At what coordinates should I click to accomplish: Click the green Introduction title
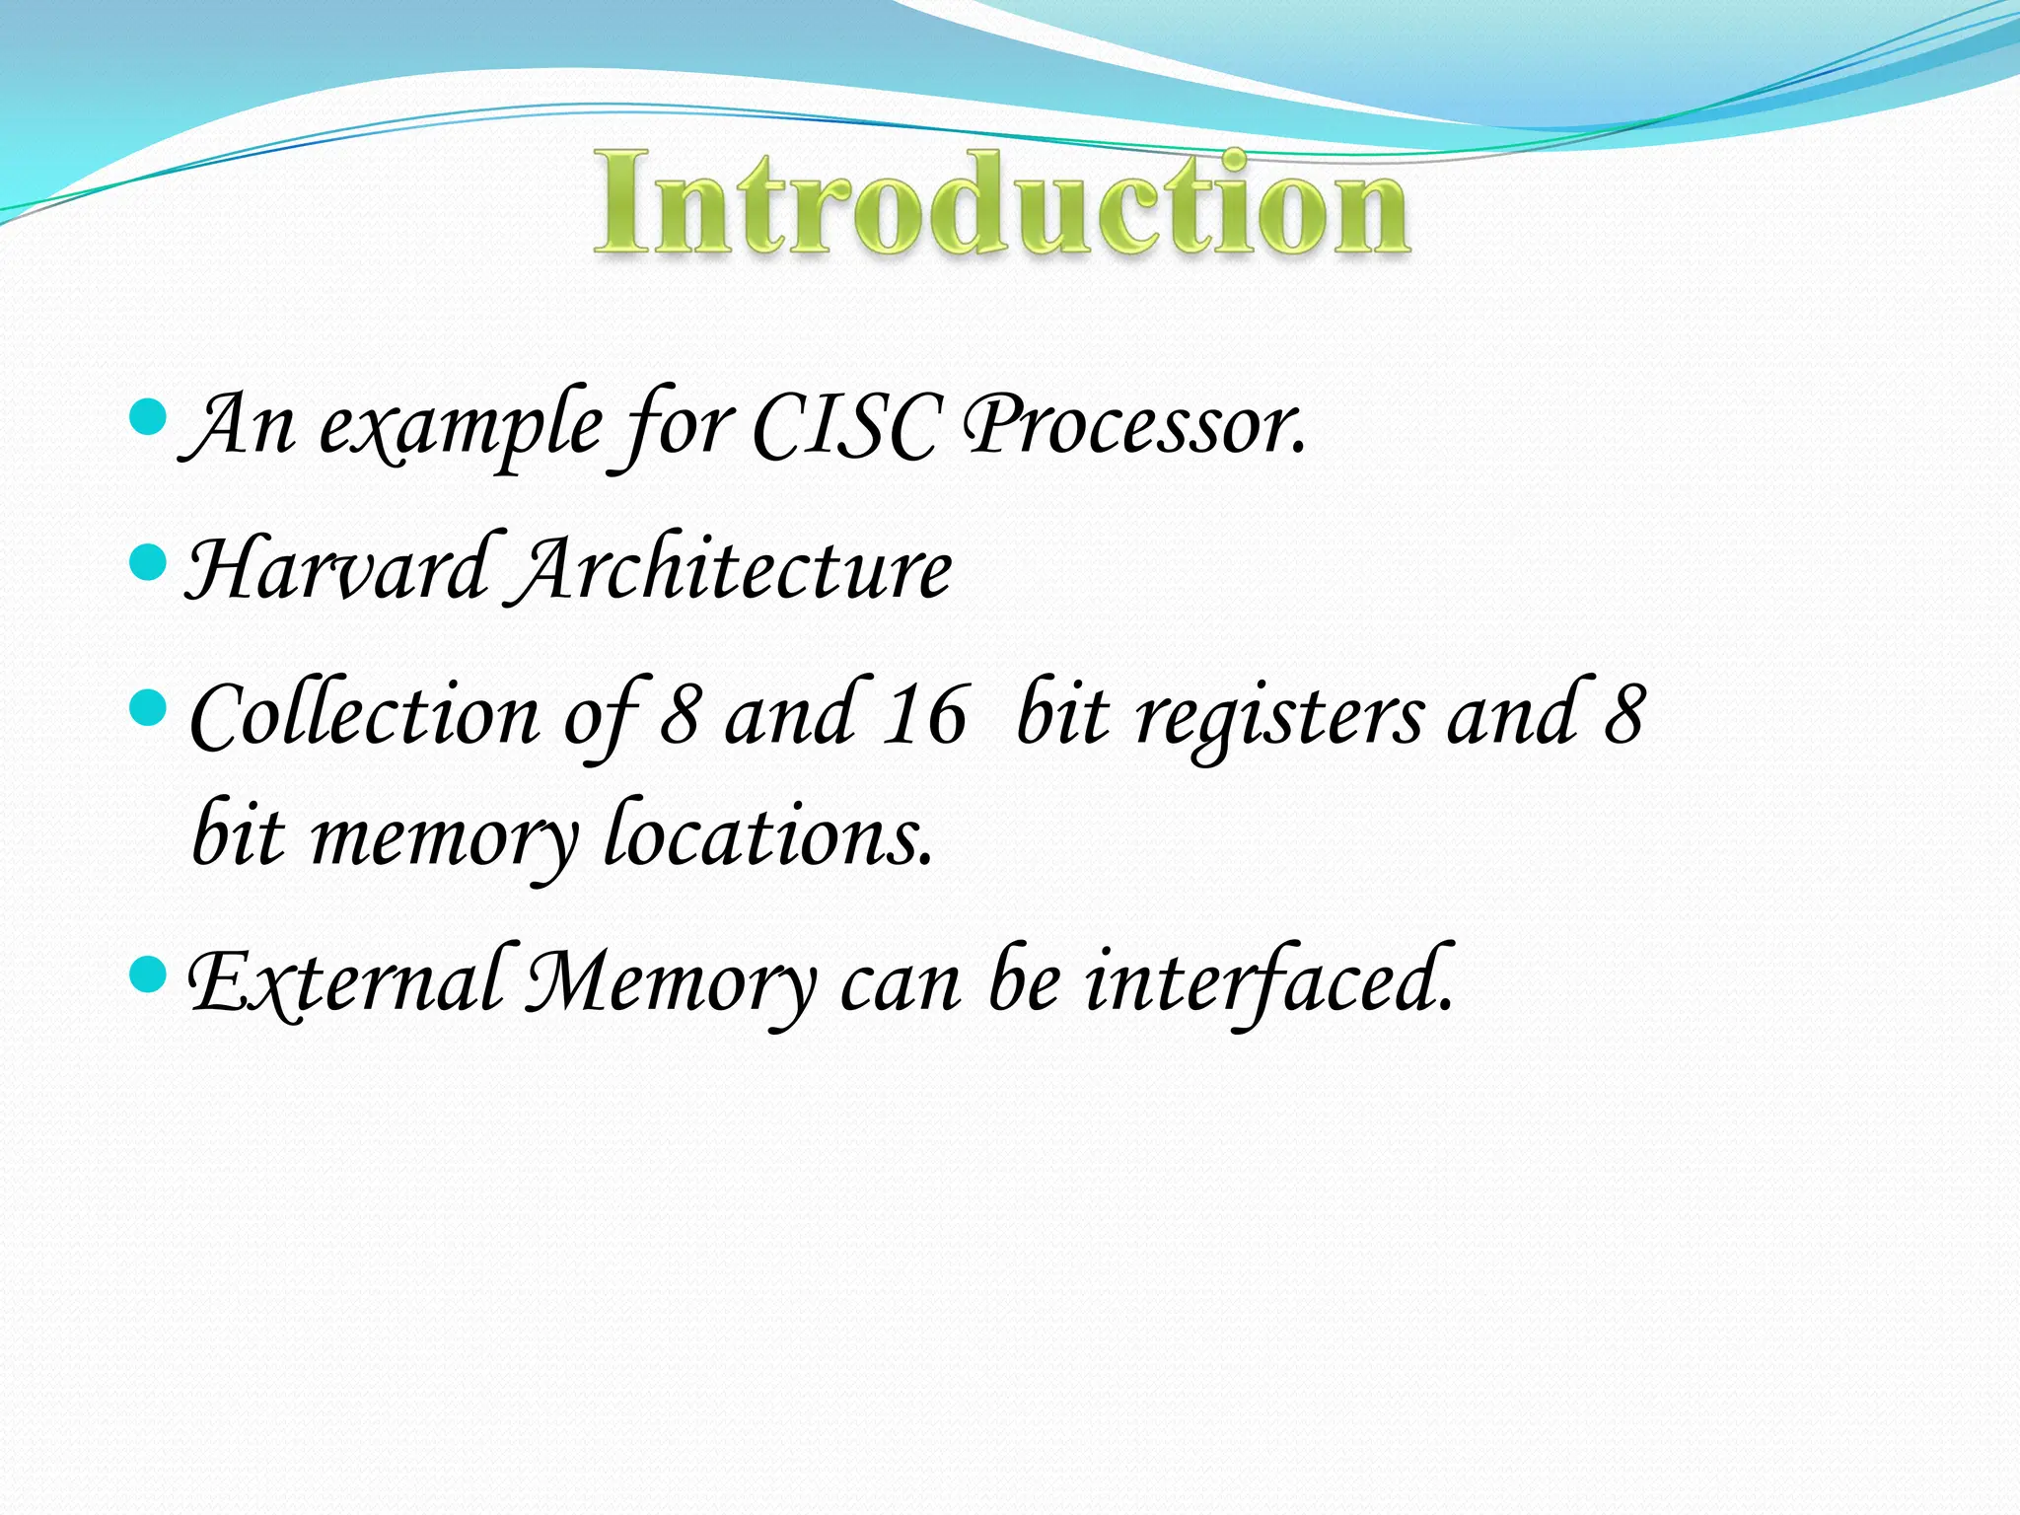(x=1001, y=205)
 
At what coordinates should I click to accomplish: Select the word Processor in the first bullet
(x=1134, y=425)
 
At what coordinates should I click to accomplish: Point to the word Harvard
(x=336, y=570)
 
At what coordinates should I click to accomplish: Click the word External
(x=346, y=982)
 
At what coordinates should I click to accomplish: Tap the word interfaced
(x=1268, y=982)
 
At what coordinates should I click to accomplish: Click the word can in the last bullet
(x=900, y=984)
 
